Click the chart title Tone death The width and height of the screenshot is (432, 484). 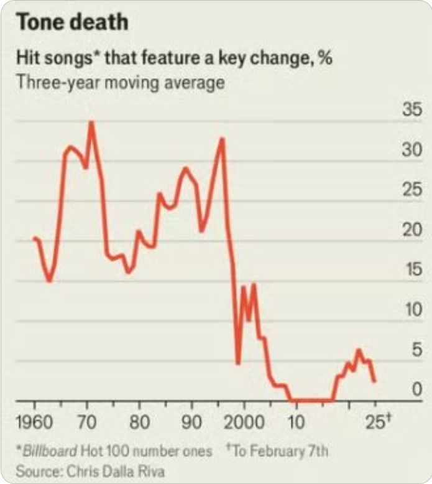72,22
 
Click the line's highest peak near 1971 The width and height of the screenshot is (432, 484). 91,122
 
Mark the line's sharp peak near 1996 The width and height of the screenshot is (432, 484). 222,139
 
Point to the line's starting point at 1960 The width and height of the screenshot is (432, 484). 34,238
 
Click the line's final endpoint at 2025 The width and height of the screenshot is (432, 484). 374,381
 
